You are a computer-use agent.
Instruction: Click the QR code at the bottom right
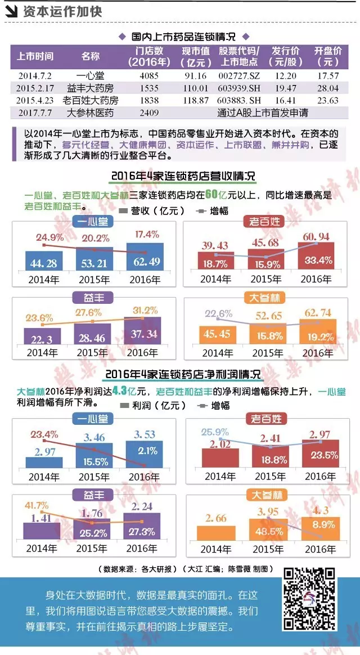[x=311, y=599]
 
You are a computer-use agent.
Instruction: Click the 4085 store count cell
[x=145, y=75]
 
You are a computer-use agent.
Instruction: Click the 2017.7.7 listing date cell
[x=35, y=113]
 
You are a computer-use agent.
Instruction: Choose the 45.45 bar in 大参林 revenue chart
[x=217, y=335]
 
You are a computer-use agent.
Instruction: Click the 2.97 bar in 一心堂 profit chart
[x=44, y=461]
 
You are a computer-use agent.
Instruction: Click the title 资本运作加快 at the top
[x=62, y=11]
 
